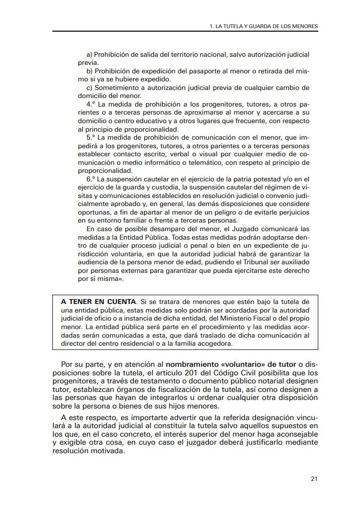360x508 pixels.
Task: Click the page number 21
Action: pos(314,478)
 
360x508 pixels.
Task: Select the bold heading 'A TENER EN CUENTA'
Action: pos(99,301)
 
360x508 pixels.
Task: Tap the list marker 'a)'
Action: pos(90,54)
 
